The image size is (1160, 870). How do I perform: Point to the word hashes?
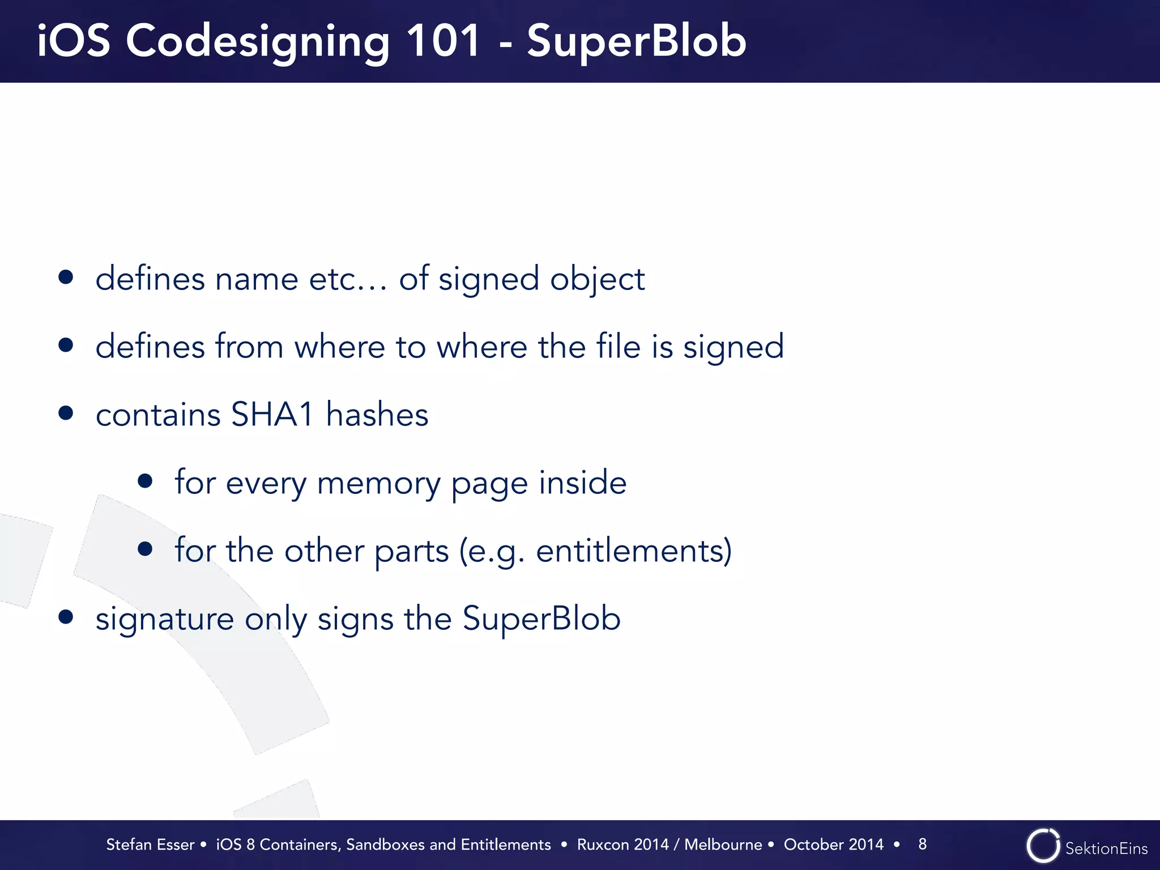[377, 414]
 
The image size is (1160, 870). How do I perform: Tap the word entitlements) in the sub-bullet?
[634, 551]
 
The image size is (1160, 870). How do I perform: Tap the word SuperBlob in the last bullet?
[541, 619]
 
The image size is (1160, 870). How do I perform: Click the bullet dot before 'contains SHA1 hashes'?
[66, 413]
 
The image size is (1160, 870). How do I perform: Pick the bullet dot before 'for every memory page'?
[146, 481]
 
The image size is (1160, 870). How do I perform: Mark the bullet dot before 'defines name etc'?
[66, 277]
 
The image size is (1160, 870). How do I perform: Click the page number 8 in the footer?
[922, 844]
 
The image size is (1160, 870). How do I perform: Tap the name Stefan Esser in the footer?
[150, 845]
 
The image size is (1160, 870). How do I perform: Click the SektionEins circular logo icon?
[1042, 846]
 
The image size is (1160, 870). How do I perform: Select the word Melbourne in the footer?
[723, 845]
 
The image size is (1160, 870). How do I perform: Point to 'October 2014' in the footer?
[833, 845]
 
